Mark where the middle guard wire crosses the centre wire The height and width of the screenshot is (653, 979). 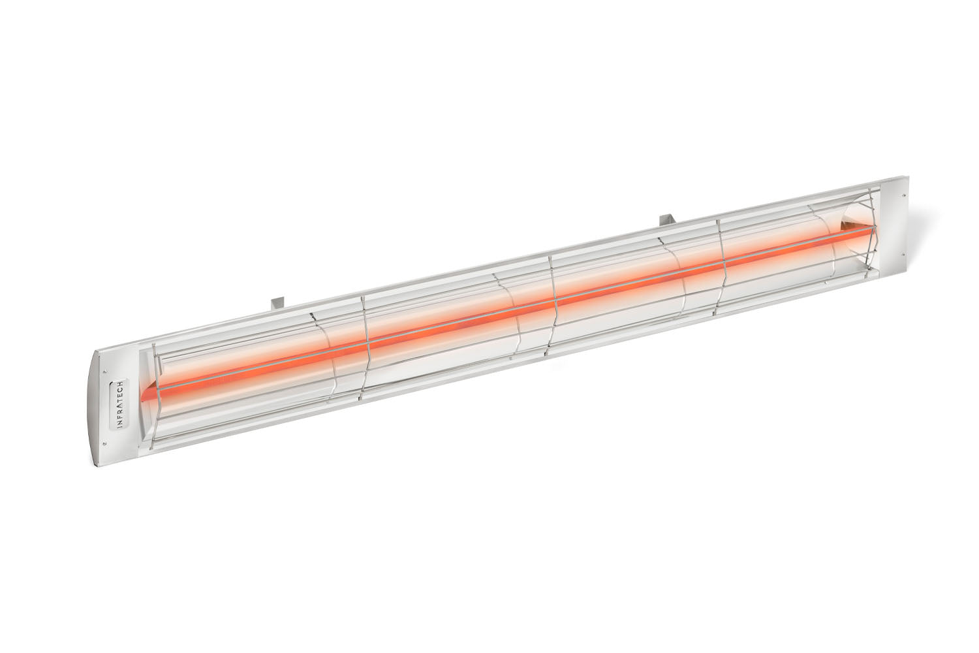click(554, 301)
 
